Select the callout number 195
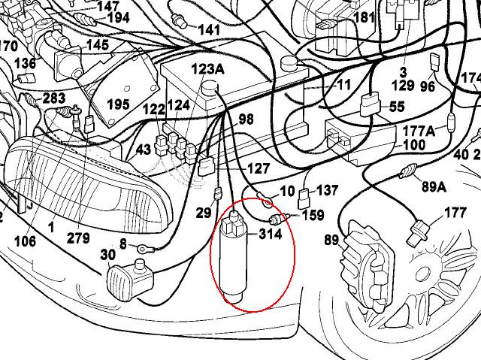118,104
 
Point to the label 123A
207,69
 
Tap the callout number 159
313,215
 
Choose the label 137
328,190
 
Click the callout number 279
78,238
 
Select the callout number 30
108,256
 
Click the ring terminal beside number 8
143,246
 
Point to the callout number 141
210,29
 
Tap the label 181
364,17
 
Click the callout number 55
396,108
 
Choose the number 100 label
415,144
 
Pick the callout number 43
144,150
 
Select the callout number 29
204,213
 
